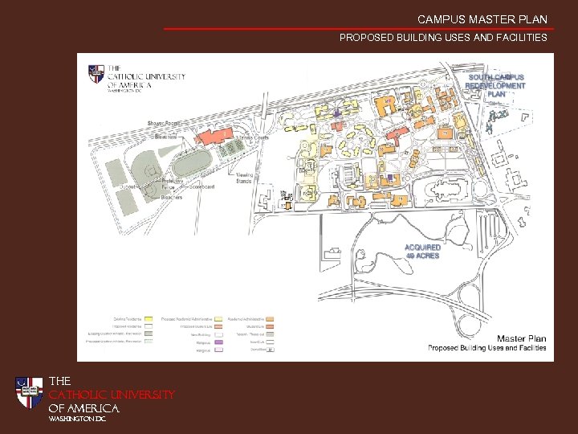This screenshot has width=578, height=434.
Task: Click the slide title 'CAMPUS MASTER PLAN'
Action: point(482,19)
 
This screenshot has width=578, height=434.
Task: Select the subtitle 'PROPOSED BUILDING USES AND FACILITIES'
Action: point(443,38)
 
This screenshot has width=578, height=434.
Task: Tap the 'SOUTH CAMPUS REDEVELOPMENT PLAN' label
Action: point(495,85)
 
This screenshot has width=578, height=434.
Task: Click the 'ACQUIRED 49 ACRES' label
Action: point(422,252)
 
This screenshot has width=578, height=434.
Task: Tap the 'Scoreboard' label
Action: point(201,186)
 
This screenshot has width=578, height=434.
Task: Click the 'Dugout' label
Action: point(128,186)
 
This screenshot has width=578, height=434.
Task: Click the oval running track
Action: point(189,165)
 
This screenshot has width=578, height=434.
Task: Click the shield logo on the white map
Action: point(96,74)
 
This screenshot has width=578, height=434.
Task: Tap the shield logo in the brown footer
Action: point(29,393)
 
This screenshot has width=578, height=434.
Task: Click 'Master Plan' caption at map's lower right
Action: point(521,338)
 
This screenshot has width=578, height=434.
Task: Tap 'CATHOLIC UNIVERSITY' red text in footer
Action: point(112,395)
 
